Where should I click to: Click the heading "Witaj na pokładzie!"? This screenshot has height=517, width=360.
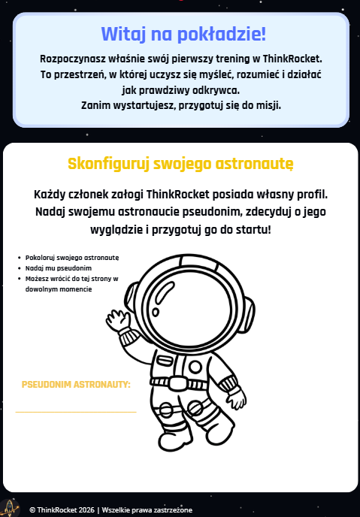[183, 35]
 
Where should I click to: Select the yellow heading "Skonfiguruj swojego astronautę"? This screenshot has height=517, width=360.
[180, 163]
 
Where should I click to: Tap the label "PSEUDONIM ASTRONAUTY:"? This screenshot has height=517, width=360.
[76, 385]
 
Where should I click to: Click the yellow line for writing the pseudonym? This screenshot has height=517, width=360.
[75, 412]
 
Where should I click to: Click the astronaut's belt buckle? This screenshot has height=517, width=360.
[178, 383]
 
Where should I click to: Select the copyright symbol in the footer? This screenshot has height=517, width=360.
[32, 509]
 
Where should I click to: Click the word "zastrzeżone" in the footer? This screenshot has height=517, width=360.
[172, 509]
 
